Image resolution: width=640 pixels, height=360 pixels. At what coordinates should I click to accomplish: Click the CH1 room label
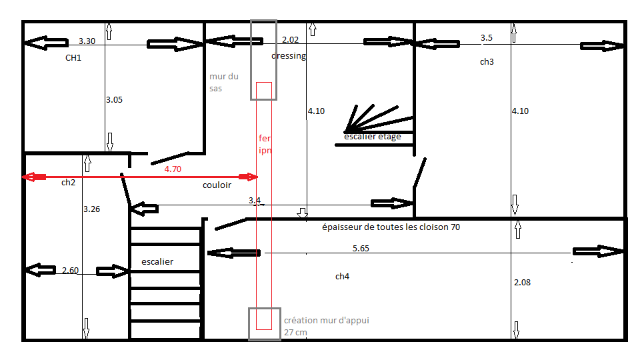pos(73,58)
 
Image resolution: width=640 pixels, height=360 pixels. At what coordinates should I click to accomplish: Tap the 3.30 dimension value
pos(87,41)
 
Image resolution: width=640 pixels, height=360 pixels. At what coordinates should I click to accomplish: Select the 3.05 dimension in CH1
pos(114,100)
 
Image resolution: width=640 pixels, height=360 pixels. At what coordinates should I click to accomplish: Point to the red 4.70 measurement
pos(173,169)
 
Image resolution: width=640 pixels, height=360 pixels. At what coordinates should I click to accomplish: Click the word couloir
pos(217,185)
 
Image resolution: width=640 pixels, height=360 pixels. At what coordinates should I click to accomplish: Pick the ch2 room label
pos(68,183)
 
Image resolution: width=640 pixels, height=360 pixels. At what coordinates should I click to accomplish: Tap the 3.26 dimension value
pos(92,209)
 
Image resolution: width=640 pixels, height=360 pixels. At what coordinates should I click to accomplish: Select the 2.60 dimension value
pos(70,271)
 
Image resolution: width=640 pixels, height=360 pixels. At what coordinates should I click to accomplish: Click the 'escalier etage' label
pos(373,137)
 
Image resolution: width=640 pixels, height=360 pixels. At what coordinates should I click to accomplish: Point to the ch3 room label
pos(487,62)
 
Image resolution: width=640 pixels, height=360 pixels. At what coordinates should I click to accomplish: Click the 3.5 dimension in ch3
pos(487,38)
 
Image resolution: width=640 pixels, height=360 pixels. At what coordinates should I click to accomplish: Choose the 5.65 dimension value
pos(361,248)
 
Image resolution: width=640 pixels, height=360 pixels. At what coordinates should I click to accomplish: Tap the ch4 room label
pos(342,277)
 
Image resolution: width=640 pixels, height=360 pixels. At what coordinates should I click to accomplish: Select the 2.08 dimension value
pos(523,283)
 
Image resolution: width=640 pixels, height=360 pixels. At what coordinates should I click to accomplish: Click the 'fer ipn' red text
pos(265,144)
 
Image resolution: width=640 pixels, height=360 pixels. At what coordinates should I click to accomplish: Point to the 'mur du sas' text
pos(219,83)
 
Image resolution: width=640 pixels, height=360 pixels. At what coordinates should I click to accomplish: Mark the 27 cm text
pos(295,332)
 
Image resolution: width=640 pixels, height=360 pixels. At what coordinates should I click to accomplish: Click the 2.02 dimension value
pos(291,40)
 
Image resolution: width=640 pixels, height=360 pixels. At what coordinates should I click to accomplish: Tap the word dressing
pos(289,56)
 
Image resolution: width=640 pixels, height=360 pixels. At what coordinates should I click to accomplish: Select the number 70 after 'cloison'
pos(454,227)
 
